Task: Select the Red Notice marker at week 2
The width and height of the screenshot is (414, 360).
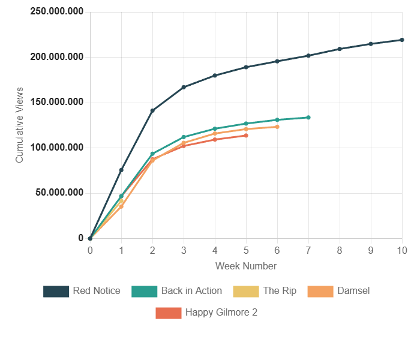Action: (x=152, y=110)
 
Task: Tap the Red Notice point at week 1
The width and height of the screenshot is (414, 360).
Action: (x=121, y=170)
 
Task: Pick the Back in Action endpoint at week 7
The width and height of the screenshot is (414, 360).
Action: (x=308, y=118)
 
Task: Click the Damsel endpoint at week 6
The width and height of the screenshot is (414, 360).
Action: (x=277, y=127)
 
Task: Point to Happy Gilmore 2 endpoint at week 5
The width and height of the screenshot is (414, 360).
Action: (x=246, y=136)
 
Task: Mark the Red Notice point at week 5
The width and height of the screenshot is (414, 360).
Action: (x=246, y=67)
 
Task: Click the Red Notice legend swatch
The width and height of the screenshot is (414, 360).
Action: (x=56, y=291)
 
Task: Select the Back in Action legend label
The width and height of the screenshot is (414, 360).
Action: (x=191, y=291)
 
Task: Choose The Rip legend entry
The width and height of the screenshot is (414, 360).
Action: (x=280, y=291)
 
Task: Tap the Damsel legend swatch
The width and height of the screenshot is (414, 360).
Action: (x=320, y=291)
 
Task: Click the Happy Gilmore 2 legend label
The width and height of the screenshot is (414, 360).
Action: (x=221, y=313)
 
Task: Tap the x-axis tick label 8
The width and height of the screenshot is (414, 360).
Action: (x=340, y=250)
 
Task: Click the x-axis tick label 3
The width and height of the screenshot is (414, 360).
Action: (x=184, y=250)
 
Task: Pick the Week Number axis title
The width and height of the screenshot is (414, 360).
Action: (x=246, y=266)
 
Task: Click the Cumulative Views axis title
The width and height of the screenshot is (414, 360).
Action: (x=20, y=124)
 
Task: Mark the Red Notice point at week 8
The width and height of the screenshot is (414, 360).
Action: (x=340, y=49)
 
